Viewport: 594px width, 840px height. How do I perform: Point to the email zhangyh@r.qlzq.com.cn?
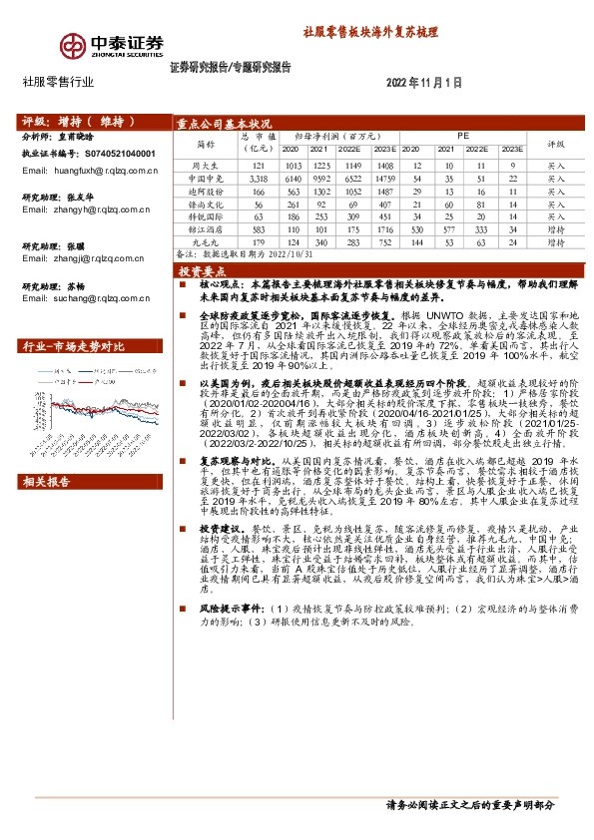click(86, 210)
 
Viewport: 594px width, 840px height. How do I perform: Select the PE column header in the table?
click(462, 134)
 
